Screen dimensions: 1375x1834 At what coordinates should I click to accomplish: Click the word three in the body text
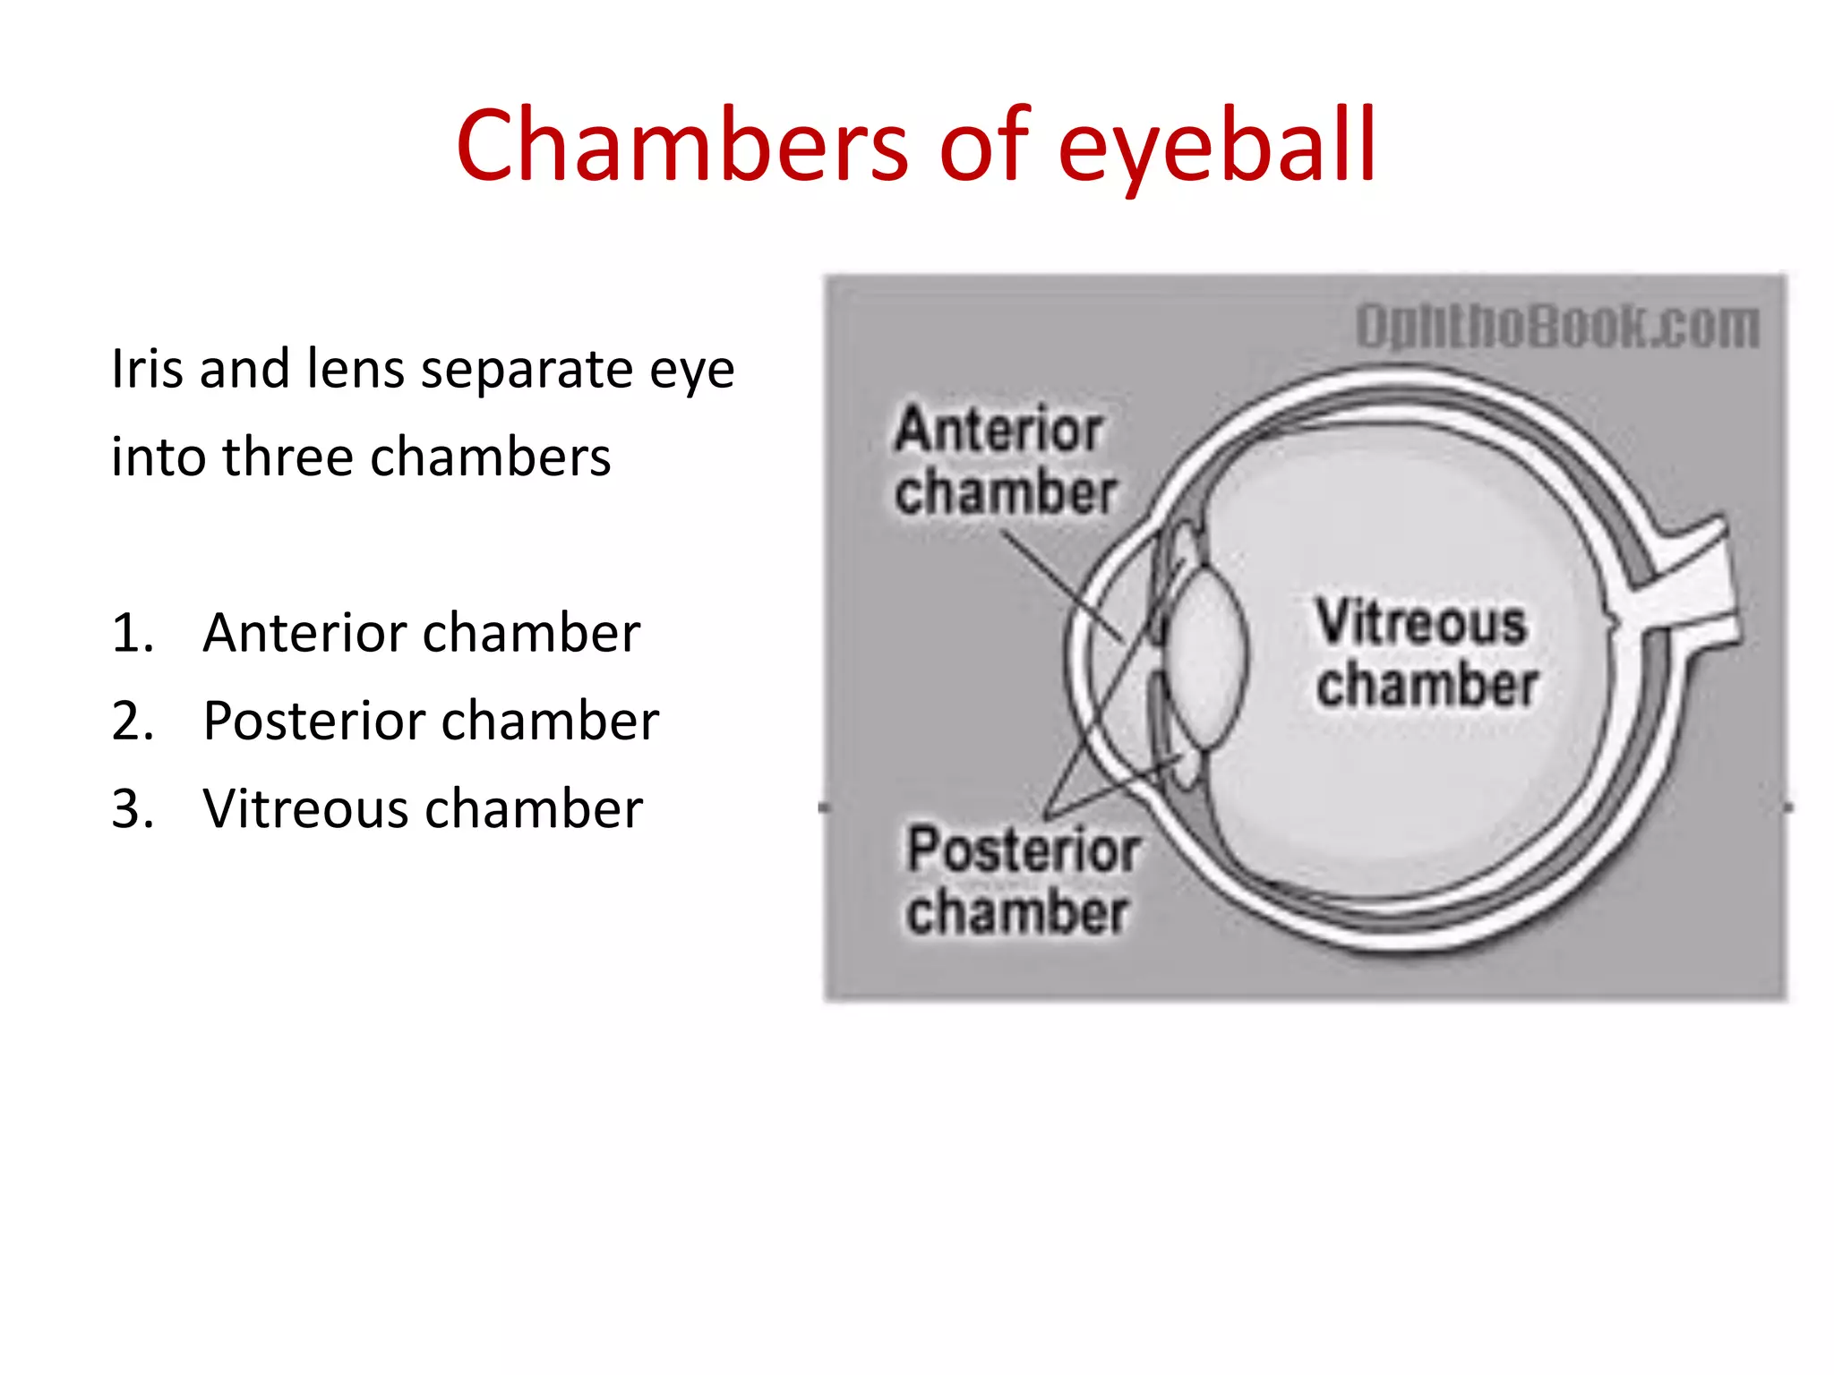pos(287,457)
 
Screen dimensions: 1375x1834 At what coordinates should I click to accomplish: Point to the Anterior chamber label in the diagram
pos(1004,460)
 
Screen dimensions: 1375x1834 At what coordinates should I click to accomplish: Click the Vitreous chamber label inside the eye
pos(1425,653)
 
